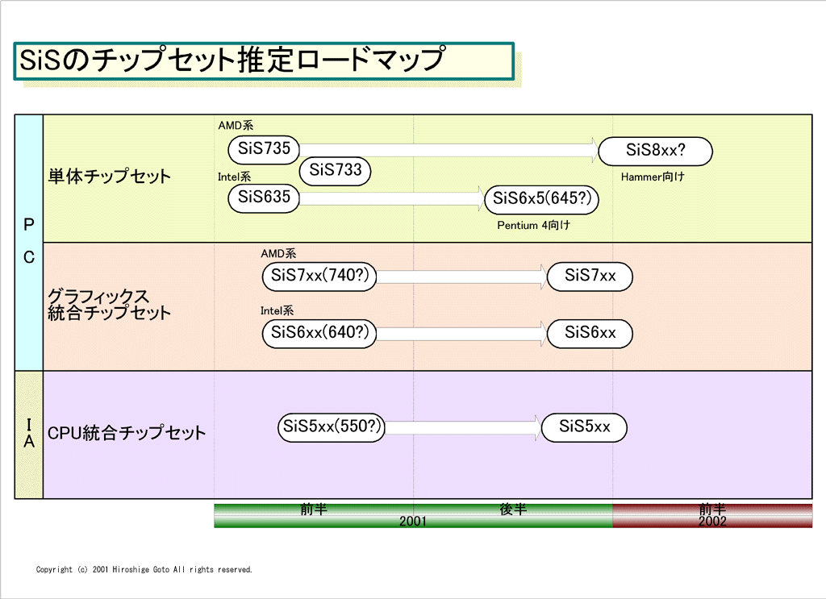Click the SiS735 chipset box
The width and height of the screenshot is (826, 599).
pyautogui.click(x=264, y=149)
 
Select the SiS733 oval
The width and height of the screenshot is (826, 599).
pyautogui.click(x=335, y=171)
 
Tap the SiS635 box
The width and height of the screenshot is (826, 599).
pyautogui.click(x=264, y=198)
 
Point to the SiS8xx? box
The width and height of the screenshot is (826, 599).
pyautogui.click(x=655, y=151)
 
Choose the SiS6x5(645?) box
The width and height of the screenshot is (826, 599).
pyautogui.click(x=541, y=199)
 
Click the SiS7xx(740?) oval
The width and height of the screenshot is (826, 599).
pyautogui.click(x=319, y=277)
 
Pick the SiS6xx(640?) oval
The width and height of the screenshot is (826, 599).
pyautogui.click(x=319, y=333)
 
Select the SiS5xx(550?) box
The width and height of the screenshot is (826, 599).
pyautogui.click(x=332, y=427)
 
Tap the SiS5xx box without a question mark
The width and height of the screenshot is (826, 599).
pyautogui.click(x=584, y=427)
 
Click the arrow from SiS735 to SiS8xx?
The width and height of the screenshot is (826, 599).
pyautogui.click(x=448, y=151)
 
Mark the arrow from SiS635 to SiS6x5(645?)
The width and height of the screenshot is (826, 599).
pyautogui.click(x=391, y=198)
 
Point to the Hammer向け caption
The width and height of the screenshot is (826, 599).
pyautogui.click(x=652, y=177)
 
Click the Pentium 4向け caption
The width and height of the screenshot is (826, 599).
pyautogui.click(x=533, y=225)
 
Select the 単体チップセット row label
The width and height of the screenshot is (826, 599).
pyautogui.click(x=110, y=176)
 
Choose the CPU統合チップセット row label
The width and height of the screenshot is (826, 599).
pyautogui.click(x=127, y=433)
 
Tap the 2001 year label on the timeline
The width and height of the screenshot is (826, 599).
pyautogui.click(x=412, y=521)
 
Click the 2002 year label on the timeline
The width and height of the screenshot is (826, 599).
pyautogui.click(x=712, y=521)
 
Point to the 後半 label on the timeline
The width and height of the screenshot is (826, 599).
pyautogui.click(x=513, y=509)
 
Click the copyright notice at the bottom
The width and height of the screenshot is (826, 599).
pyautogui.click(x=144, y=569)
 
